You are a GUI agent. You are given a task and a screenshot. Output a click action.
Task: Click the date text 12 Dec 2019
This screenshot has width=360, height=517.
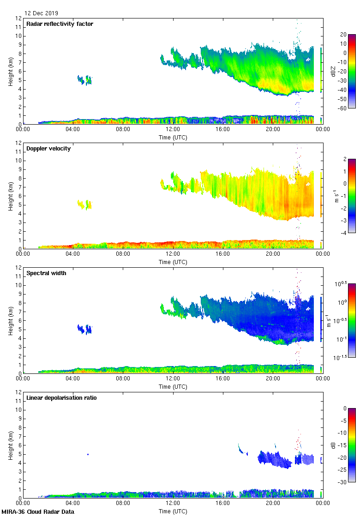(x=42, y=13)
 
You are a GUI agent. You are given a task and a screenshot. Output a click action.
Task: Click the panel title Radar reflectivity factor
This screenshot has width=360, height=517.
(x=60, y=24)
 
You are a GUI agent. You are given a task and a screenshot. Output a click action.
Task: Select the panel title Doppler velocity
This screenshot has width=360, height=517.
(x=48, y=149)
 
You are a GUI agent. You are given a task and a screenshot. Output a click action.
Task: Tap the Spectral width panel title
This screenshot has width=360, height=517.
(x=46, y=273)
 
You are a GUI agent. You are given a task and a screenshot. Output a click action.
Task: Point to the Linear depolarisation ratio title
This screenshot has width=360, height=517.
(x=61, y=398)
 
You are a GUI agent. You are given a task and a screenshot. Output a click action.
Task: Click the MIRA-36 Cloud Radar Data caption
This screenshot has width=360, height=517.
(x=33, y=511)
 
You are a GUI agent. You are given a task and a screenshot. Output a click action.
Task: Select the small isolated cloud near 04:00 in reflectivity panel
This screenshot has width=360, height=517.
(x=84, y=80)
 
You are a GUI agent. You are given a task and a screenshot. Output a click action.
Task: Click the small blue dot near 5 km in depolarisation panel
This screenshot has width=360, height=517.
(x=88, y=454)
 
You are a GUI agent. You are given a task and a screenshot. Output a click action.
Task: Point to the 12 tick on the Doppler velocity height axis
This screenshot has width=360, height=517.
(x=18, y=143)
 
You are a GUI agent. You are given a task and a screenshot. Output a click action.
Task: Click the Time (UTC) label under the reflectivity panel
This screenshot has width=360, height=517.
(x=173, y=137)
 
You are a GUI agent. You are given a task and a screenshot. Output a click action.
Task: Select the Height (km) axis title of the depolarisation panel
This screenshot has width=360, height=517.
(x=10, y=445)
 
